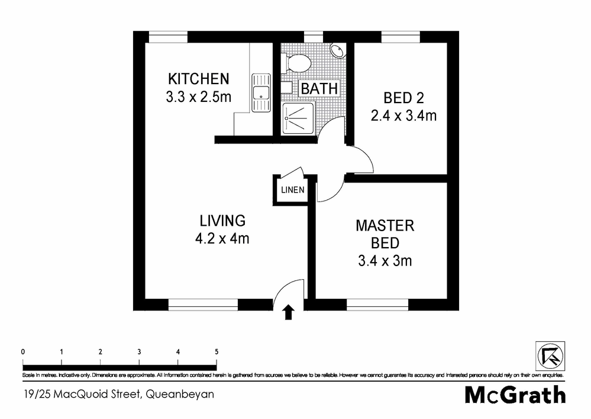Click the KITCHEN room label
198,79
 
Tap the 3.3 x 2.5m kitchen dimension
198,96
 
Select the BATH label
319,89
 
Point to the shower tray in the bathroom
299,117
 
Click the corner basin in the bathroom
338,51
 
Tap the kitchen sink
260,92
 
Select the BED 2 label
403,98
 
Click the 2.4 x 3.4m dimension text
403,115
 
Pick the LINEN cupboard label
293,190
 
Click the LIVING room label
222,221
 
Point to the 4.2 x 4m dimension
222,239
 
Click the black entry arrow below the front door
289,312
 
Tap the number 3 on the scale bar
139,351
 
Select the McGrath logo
515,394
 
